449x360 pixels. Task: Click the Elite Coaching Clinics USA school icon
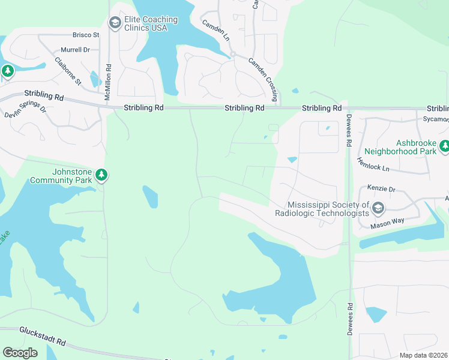pyautogui.click(x=114, y=23)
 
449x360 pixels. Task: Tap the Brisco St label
pyautogui.click(x=86, y=35)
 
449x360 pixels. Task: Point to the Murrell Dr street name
pyautogui.click(x=75, y=50)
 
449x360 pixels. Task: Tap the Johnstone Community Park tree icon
pyautogui.click(x=102, y=175)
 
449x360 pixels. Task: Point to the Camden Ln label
pyautogui.click(x=216, y=30)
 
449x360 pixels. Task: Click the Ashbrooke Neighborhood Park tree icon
pyautogui.click(x=444, y=146)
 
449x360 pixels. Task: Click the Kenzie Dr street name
pyautogui.click(x=381, y=189)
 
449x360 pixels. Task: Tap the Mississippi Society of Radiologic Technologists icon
pyautogui.click(x=378, y=209)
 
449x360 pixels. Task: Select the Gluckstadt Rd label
pyautogui.click(x=42, y=336)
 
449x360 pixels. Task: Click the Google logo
pyautogui.click(x=20, y=352)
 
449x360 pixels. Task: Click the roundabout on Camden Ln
pyautogui.click(x=232, y=53)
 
